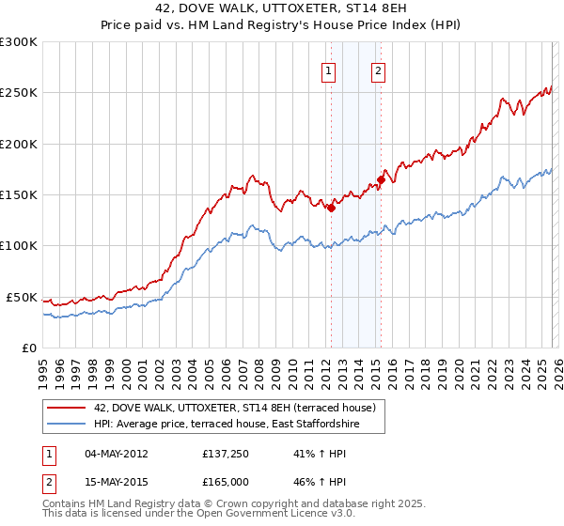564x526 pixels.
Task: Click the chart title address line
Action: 282,8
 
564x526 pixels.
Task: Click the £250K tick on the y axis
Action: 19,93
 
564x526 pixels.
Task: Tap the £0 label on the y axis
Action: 29,348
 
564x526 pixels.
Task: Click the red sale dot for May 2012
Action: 331,208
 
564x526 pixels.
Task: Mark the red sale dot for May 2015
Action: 381,179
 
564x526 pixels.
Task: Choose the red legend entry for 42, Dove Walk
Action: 235,408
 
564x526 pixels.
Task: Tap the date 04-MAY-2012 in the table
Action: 116,454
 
